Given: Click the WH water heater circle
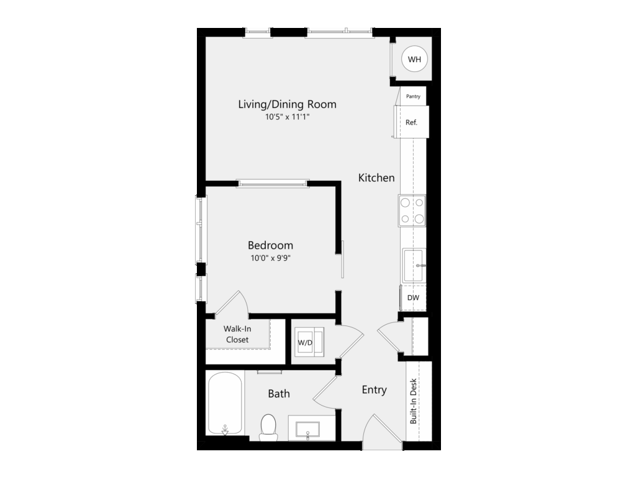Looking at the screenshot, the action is pos(414,59).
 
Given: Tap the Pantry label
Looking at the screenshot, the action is pos(413,96).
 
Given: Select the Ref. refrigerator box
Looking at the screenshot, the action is pos(411,122).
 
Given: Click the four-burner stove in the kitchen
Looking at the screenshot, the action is pos(412,211).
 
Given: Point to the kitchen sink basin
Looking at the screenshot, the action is pos(414,266).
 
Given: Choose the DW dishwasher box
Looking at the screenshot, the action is pos(413,298).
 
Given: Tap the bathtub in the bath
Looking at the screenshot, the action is pos(225,404).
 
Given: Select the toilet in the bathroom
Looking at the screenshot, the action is pos(268,427).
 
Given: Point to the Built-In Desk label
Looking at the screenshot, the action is pos(413,401).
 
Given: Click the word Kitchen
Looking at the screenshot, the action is pos(376,178).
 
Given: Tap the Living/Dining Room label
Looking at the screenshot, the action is pos(287,104).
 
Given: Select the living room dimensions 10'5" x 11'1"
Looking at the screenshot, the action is pos(288,117).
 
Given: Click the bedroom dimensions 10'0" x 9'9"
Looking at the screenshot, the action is pos(271,258).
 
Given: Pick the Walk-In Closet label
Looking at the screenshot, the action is pos(237,334).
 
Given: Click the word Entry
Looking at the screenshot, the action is pos(374,390).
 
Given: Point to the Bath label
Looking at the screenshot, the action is pos(279,393).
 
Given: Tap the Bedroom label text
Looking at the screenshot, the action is pos(271,245).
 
